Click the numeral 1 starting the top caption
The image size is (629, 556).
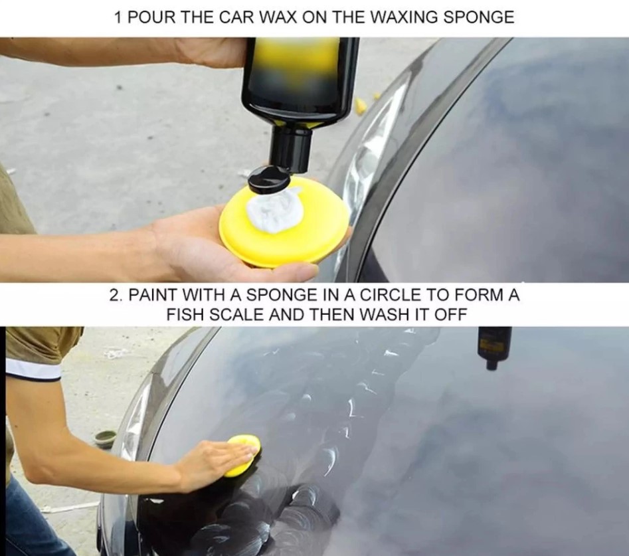pos(118,17)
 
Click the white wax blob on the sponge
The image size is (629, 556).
pos(274,210)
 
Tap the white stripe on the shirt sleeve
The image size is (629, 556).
pos(34,369)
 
